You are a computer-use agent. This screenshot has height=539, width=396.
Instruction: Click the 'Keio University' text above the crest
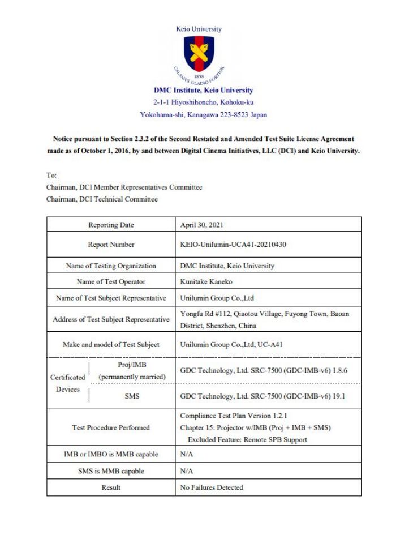click(x=199, y=29)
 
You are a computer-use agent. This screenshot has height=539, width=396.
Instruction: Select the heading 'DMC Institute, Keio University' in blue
click(x=203, y=90)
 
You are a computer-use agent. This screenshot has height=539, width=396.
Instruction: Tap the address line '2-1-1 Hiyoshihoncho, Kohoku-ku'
click(x=203, y=102)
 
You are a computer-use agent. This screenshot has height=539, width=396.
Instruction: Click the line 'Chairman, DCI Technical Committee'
click(x=102, y=199)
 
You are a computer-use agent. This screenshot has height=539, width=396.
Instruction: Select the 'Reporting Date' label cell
click(x=111, y=225)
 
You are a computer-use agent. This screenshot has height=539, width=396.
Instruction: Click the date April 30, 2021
click(x=202, y=225)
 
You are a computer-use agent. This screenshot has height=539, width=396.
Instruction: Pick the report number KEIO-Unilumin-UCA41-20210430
click(x=236, y=245)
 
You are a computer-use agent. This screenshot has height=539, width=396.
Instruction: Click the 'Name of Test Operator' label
click(x=111, y=281)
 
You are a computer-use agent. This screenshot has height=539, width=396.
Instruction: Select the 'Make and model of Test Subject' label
click(x=111, y=344)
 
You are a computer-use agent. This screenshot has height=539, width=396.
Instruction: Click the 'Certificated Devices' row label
click(x=68, y=383)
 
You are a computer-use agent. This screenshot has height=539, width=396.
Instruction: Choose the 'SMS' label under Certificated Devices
click(x=132, y=396)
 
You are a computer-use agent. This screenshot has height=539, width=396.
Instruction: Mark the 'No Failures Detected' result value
click(x=212, y=487)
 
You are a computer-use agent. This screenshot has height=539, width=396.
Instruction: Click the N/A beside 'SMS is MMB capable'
click(x=187, y=470)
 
